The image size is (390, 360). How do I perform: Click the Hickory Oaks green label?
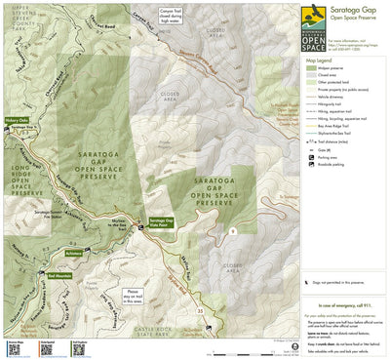pyautogui.click(x=17, y=119)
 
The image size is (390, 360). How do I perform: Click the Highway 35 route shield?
pyautogui.click(x=200, y=311)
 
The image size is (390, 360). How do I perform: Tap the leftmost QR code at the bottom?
pyautogui.click(x=16, y=348)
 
